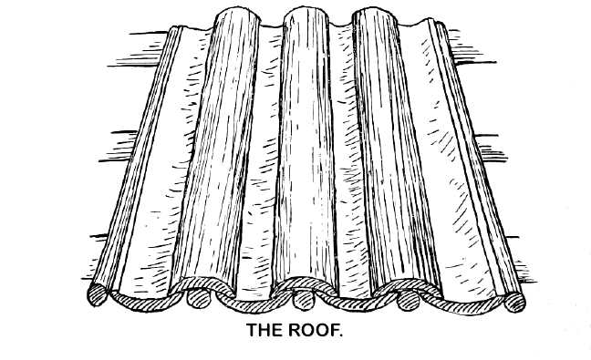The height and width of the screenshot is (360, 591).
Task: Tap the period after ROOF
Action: [341, 336]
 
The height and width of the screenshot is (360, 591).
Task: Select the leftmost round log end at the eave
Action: [96, 293]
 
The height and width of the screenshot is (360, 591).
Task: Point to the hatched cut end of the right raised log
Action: [456, 293]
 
